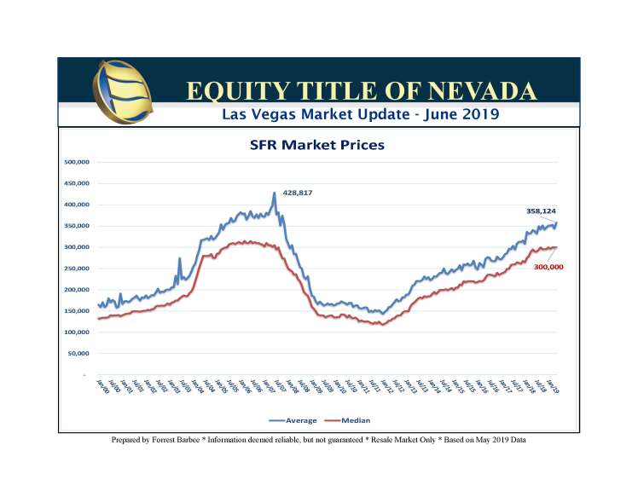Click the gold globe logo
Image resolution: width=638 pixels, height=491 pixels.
pos(124,91)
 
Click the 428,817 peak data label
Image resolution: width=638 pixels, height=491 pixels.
pos(298,193)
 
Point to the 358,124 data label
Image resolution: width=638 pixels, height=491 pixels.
pos(540,210)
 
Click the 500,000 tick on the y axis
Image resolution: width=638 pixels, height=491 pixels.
pos(78,162)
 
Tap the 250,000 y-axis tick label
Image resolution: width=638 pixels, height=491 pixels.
pos(78,269)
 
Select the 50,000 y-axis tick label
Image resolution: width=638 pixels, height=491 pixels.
pos(79,353)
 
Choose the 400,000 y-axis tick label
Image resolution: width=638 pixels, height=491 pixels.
pos(78,205)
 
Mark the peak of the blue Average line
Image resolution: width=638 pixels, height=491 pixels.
pos(275,193)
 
